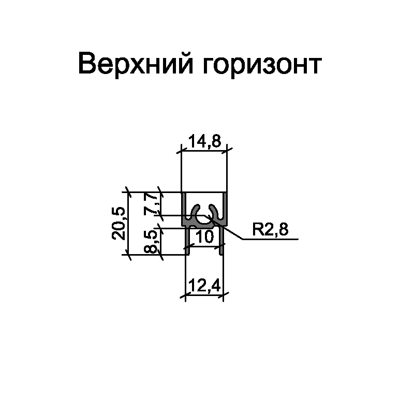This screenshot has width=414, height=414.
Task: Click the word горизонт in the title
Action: point(260,66)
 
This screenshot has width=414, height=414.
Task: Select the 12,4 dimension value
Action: point(204,287)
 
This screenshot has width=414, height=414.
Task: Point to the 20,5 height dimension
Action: point(118,223)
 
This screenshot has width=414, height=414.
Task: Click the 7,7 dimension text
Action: point(150,203)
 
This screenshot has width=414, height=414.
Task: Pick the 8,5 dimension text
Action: point(150,242)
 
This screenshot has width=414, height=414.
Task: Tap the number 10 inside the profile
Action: point(204,237)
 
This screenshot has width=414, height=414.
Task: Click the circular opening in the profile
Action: point(205,220)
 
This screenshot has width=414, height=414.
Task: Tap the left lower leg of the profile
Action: point(187,241)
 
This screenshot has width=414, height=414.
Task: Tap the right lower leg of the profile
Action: point(222,241)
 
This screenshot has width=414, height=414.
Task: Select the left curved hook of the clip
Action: point(195,212)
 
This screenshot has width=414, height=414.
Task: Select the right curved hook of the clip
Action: point(216,212)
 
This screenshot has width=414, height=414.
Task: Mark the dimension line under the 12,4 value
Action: point(204,296)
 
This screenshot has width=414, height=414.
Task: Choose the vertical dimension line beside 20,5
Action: point(127,223)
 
